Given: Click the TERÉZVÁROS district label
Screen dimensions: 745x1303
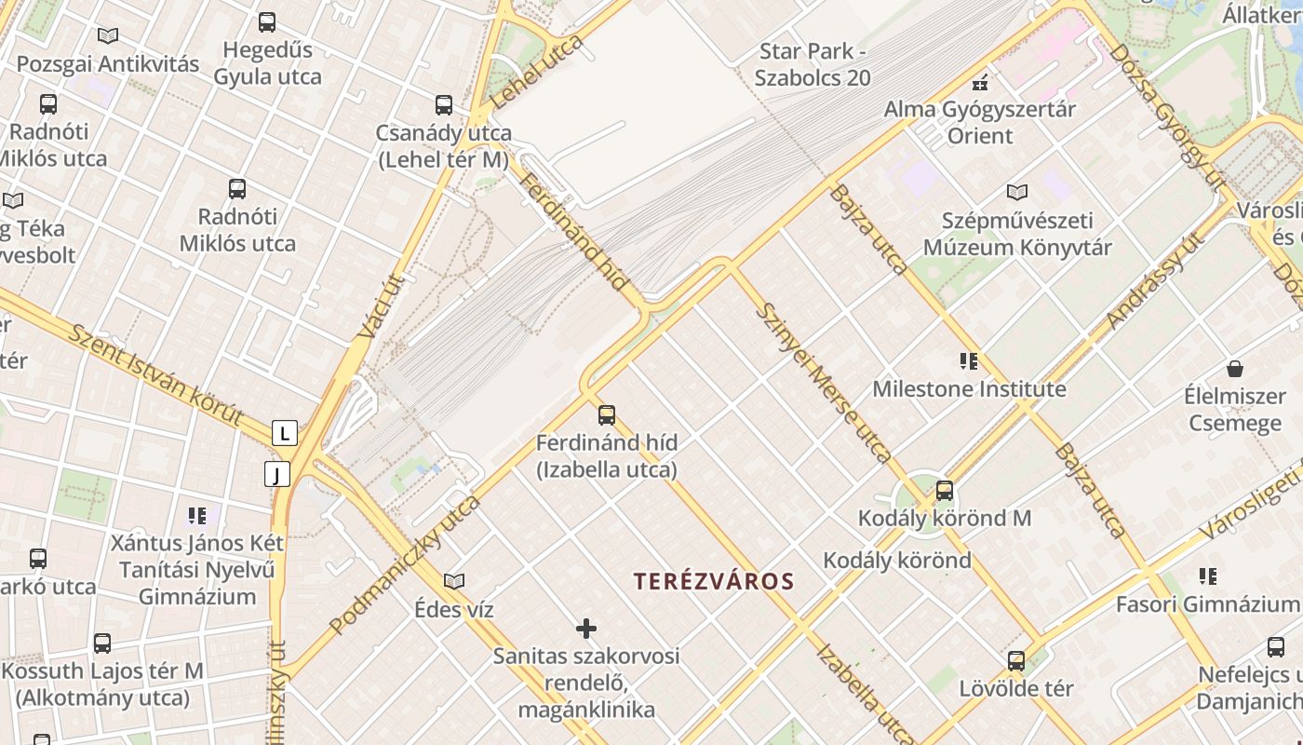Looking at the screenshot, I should (x=714, y=582).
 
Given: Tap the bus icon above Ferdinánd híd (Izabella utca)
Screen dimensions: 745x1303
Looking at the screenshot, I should (x=607, y=414).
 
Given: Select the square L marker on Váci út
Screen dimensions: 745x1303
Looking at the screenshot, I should (x=285, y=433).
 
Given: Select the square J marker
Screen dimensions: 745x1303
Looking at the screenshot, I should (x=276, y=474).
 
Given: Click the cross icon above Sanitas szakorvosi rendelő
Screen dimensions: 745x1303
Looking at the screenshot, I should (x=586, y=629).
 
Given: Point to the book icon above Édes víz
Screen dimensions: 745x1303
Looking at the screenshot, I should (x=454, y=581).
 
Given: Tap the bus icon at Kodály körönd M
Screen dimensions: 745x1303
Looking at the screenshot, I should (x=945, y=490).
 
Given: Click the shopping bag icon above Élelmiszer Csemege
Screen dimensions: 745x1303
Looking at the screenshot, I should (x=1235, y=369).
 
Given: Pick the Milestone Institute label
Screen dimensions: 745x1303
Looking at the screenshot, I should (x=969, y=388).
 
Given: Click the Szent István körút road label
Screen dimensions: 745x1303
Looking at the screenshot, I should (x=156, y=375).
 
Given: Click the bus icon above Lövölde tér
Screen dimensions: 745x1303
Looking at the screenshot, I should (x=1016, y=661).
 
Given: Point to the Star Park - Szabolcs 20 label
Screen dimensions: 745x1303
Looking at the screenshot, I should (x=813, y=64).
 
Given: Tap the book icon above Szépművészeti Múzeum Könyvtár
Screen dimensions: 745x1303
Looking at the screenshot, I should (x=1017, y=193).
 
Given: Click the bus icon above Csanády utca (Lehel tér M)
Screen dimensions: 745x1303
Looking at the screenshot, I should (x=444, y=105).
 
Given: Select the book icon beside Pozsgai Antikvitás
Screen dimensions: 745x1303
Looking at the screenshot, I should (x=108, y=36).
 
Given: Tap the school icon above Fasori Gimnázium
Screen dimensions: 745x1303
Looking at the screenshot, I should (x=1208, y=576).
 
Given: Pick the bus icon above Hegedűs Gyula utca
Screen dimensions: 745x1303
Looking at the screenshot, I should (x=267, y=22).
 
